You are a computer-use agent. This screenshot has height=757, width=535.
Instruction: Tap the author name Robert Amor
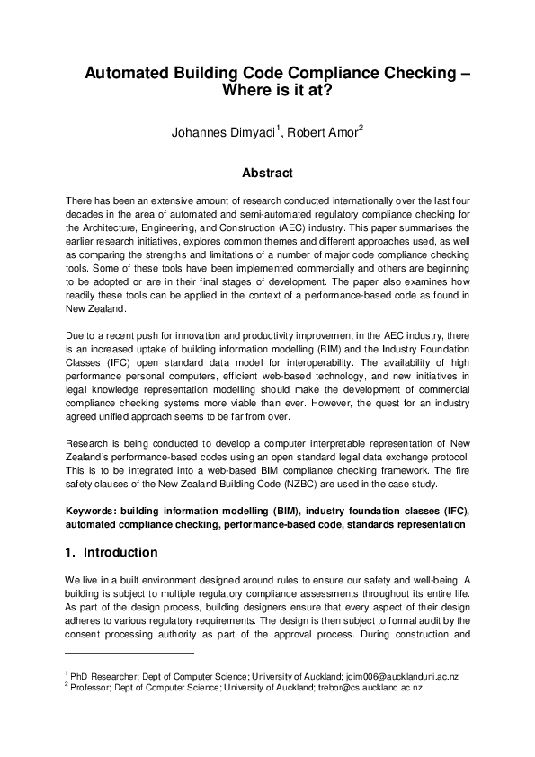coord(324,135)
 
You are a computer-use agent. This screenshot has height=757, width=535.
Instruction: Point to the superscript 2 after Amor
coord(361,130)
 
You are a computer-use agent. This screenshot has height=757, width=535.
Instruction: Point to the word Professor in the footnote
coord(93,686)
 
